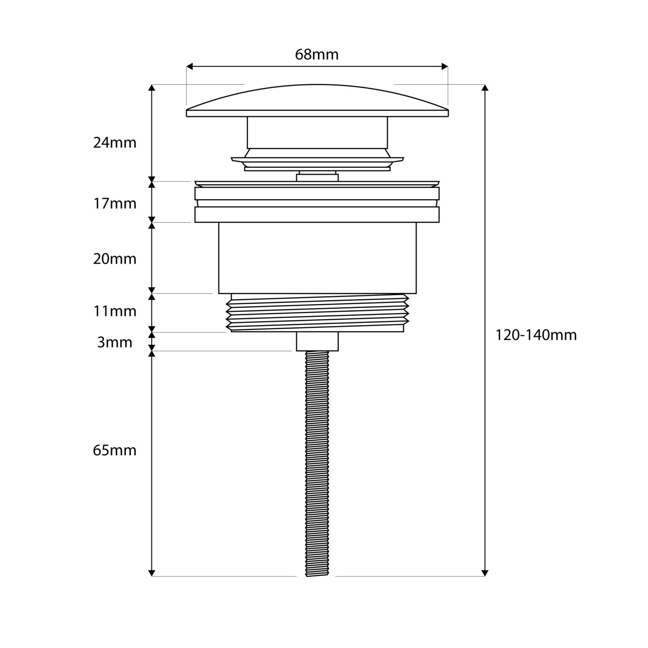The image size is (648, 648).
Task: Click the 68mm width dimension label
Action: [317, 55]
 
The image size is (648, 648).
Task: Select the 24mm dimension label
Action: [114, 143]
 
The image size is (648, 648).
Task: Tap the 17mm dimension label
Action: [114, 203]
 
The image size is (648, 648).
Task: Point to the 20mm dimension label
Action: [114, 259]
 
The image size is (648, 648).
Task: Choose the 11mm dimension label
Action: [114, 311]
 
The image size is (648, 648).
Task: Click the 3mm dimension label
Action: [114, 343]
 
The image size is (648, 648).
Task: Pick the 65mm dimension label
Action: [114, 451]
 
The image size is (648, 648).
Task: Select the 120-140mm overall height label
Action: [536, 335]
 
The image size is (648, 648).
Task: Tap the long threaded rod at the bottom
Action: [318, 463]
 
